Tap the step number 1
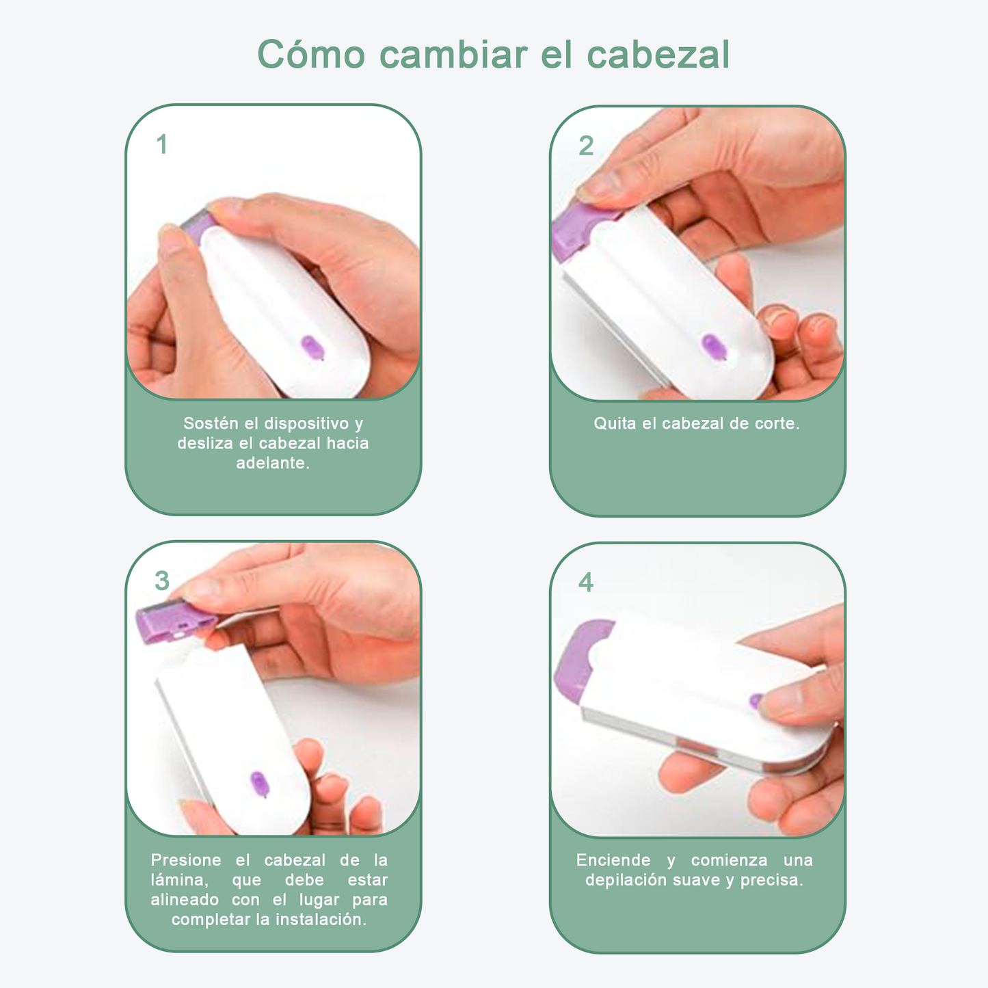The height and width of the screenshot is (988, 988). coord(162,145)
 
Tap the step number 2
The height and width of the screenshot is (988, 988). coord(586,146)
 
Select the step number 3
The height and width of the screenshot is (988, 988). coord(162,581)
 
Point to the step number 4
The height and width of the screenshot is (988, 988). coord(586,583)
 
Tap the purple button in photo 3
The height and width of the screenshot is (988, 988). coord(259,784)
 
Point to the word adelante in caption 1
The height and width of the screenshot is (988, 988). coord(271,463)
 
